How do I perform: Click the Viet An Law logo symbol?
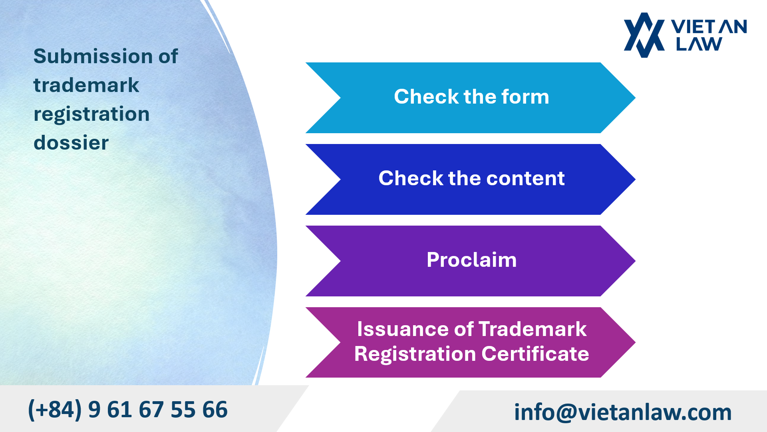[x=644, y=35]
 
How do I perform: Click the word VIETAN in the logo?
[x=709, y=27]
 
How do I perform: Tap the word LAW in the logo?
[x=699, y=44]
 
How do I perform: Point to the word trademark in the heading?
[x=86, y=85]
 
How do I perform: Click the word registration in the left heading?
[x=91, y=114]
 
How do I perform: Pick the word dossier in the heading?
[x=71, y=143]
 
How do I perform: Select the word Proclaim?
[x=471, y=260]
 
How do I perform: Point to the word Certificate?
[x=535, y=354]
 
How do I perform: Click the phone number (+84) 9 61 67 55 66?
[x=128, y=410]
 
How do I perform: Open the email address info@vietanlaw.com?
[x=622, y=412]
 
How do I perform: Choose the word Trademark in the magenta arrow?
[x=533, y=329]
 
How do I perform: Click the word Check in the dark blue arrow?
[x=410, y=178]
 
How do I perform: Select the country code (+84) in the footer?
[x=55, y=410]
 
